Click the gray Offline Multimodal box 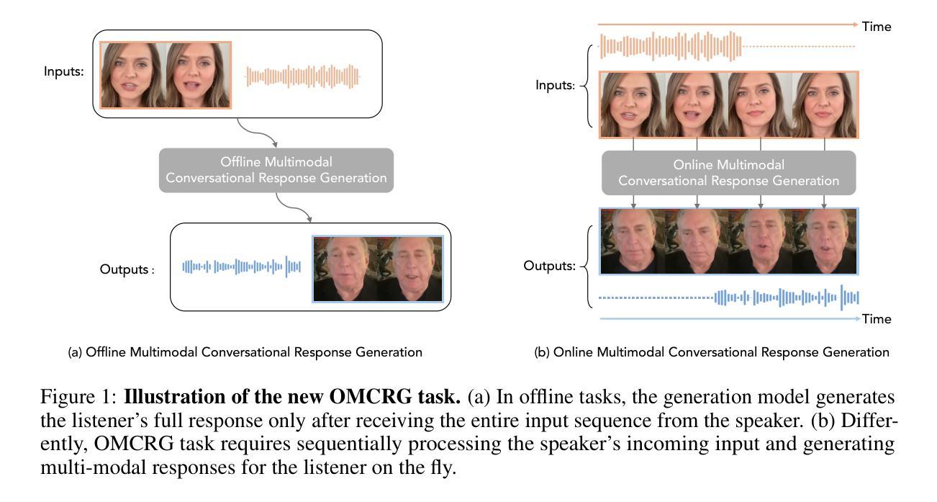click(276, 170)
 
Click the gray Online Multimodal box click(729, 173)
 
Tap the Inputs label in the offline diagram click(63, 71)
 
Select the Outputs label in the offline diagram click(127, 269)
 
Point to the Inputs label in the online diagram click(555, 85)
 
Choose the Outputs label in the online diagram click(549, 266)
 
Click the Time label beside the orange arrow click(877, 27)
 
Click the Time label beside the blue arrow click(877, 319)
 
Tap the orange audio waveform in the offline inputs click(302, 76)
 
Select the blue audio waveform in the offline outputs click(241, 266)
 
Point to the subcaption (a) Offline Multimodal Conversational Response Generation click(245, 352)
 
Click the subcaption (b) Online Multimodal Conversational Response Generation click(712, 352)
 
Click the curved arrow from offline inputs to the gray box click(256, 133)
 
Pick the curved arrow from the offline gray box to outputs click(293, 207)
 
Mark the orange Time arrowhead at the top click(855, 24)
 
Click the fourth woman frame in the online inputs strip click(824, 104)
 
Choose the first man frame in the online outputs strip click(633, 241)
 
